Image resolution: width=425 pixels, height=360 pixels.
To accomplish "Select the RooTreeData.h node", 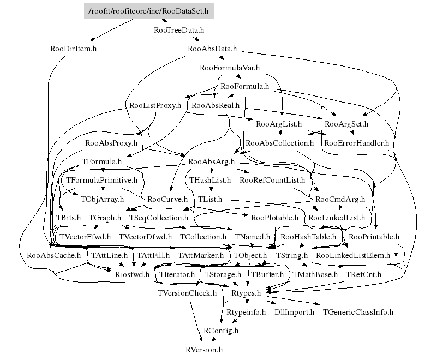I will (x=179, y=30).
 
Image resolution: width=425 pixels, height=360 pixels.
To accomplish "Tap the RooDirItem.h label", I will (x=73, y=49).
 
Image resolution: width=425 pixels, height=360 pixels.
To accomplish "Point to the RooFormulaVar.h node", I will (x=230, y=68).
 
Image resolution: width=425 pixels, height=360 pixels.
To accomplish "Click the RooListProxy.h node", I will (x=155, y=105).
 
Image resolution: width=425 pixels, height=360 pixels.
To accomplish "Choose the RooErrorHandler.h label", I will (x=356, y=143).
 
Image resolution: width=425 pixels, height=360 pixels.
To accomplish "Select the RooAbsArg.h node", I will (x=211, y=161).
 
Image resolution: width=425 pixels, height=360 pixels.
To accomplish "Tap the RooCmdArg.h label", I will (x=340, y=199).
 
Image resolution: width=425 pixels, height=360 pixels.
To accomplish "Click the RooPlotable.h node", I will (x=274, y=218).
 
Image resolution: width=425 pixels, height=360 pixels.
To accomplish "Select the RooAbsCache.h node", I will (x=53, y=255).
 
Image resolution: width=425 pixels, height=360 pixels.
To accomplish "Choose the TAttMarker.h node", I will (x=201, y=255).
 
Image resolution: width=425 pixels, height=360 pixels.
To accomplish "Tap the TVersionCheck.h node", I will (x=187, y=292).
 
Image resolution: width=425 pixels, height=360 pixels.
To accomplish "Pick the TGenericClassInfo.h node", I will (x=358, y=312).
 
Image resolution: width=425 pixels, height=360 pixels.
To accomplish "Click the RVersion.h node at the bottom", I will (x=205, y=349).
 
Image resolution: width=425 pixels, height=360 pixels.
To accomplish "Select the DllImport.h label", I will (x=294, y=312).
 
